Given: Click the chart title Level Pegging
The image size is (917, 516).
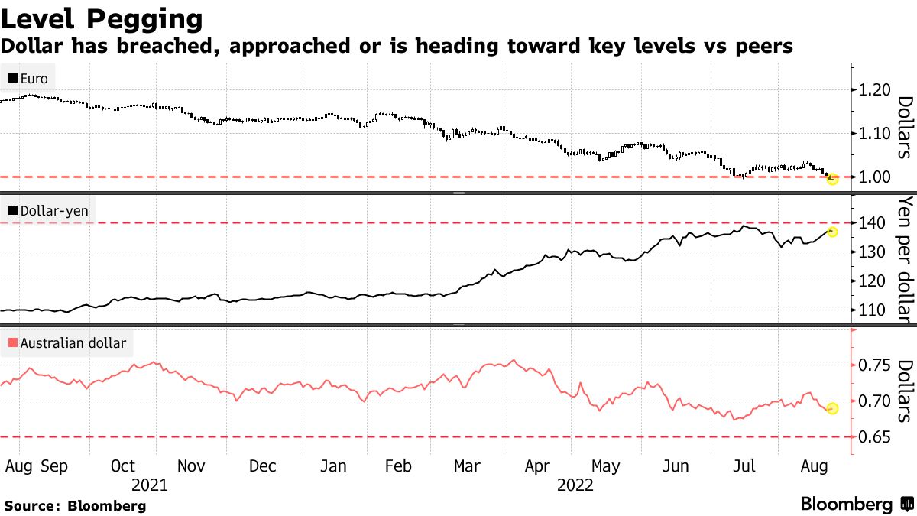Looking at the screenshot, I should tap(102, 18).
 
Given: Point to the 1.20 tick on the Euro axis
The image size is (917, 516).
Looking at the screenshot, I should tap(874, 90).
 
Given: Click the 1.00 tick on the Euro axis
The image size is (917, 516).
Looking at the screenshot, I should tap(874, 177).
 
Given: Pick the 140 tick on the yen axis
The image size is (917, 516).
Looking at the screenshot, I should tap(872, 222).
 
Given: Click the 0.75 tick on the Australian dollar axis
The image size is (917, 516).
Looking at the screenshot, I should tap(874, 365).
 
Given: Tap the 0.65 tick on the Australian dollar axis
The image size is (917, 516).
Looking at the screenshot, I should tap(874, 437).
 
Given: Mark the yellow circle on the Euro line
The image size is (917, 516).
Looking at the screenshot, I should tap(832, 179).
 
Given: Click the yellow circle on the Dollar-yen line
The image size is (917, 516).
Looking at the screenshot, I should tap(832, 232).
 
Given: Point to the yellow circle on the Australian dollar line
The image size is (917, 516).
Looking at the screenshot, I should tap(832, 408).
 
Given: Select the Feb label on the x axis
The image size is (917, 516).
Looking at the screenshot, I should tap(398, 466).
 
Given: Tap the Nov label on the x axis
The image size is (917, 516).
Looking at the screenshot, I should tap(191, 466).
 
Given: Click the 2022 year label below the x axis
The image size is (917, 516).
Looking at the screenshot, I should tap(575, 485).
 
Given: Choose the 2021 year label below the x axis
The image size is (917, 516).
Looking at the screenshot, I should tap(150, 485).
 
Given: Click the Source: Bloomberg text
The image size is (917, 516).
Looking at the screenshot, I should tap(75, 505).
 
